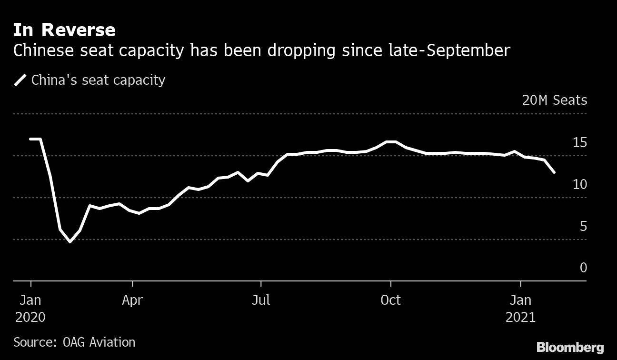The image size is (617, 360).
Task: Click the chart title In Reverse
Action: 64,30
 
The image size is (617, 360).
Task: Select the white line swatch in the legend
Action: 20,80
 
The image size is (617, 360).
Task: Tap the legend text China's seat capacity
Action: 98,80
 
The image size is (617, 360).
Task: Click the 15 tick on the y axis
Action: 579,142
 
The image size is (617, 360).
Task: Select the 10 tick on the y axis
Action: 579,184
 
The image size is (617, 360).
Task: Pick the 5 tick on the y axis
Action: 583,226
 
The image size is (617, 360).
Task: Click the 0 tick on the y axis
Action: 583,268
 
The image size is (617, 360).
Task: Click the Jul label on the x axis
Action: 261,300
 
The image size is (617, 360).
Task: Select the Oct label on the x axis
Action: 390,300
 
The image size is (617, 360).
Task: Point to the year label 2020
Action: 30,317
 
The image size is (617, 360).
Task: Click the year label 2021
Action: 520,317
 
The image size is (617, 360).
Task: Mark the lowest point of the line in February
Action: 70,241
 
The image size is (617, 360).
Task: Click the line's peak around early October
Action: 391,142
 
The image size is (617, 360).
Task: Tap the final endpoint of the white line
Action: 554,172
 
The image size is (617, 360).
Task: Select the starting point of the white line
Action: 30,139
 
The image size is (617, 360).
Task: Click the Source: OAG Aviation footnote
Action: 74,342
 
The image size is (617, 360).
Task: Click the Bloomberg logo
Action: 570,347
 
